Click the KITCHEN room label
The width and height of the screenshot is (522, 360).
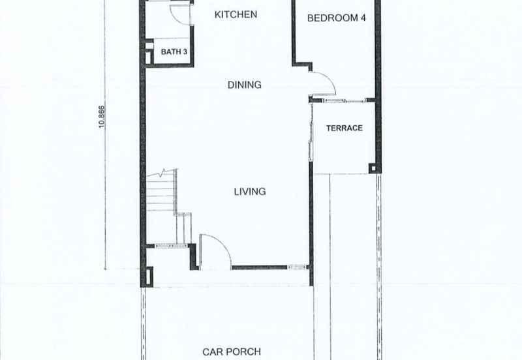(236, 14)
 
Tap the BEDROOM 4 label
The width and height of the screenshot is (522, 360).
(336, 18)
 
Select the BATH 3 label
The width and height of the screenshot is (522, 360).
(174, 52)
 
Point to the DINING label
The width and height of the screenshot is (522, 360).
(244, 85)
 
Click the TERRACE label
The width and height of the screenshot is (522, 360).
(345, 128)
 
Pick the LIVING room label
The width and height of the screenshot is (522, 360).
(250, 191)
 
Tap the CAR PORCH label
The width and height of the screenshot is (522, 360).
(232, 352)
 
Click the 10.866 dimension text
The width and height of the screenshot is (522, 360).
(102, 116)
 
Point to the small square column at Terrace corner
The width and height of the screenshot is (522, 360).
(373, 168)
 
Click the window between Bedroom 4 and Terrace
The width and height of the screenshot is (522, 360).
(345, 100)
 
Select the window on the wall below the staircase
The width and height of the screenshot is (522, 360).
(171, 246)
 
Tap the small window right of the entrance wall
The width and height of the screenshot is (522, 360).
(298, 267)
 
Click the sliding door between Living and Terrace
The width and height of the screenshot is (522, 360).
(311, 132)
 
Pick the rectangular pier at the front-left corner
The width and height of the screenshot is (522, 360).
(149, 276)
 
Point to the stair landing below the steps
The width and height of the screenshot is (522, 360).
(183, 228)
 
